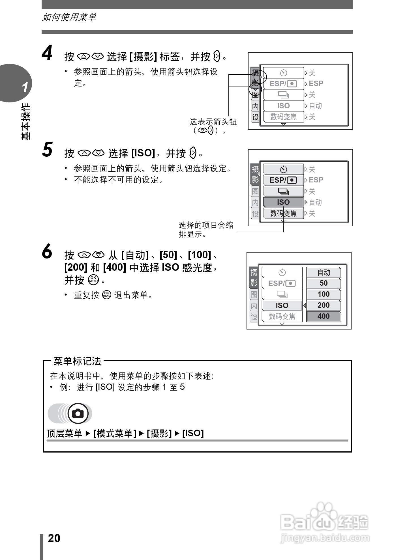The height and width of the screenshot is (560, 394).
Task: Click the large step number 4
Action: coord(47,53)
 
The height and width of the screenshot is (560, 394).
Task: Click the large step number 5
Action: coord(47,150)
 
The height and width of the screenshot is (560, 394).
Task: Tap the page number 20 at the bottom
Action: coord(54,539)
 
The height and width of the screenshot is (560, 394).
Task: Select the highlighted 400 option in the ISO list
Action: coord(324,316)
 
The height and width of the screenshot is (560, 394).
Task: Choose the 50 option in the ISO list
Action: coord(324,283)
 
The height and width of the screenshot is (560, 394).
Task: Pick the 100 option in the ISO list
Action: coord(324,294)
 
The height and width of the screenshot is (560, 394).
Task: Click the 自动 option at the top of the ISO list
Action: coord(324,272)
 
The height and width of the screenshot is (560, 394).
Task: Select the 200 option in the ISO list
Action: coord(324,305)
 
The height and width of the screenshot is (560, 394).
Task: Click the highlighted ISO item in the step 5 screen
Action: coord(283,202)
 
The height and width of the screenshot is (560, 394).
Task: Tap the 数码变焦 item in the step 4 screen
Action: coord(283,117)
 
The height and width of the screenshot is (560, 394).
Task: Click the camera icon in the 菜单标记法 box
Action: coord(78,413)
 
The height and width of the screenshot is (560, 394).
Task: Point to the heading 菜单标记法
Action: coord(77,361)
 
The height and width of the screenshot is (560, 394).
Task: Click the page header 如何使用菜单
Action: coord(69,17)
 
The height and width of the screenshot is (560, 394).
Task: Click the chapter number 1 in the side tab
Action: coord(25,87)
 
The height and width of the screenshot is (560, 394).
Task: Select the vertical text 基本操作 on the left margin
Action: coord(25,122)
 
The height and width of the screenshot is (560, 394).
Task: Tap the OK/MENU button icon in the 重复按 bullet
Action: coord(106,295)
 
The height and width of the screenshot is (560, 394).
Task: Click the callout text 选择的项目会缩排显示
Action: coord(206,230)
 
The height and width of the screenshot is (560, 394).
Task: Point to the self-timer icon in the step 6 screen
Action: coord(282,272)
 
